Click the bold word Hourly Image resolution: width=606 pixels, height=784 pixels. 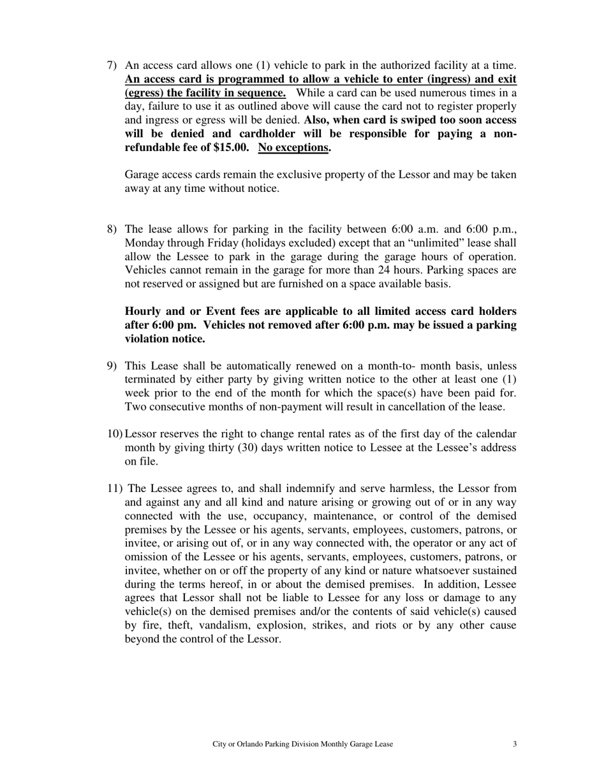[145, 311]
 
